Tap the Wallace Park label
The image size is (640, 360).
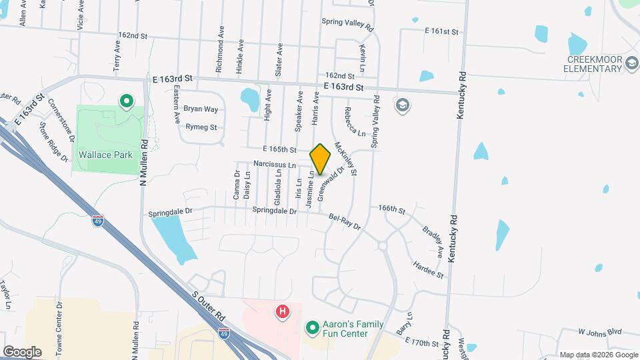(106, 155)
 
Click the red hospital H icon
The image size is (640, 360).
(283, 311)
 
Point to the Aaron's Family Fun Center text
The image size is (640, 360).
(353, 329)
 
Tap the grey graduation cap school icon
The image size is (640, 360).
(402, 105)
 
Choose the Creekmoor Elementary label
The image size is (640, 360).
(595, 64)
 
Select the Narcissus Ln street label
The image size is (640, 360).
(274, 164)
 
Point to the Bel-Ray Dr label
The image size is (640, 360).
(345, 222)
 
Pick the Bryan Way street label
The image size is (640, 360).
(201, 109)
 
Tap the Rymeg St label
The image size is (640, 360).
(201, 127)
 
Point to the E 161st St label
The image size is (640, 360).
(442, 31)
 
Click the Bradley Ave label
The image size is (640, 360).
(433, 238)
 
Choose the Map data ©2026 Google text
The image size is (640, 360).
(597, 355)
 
